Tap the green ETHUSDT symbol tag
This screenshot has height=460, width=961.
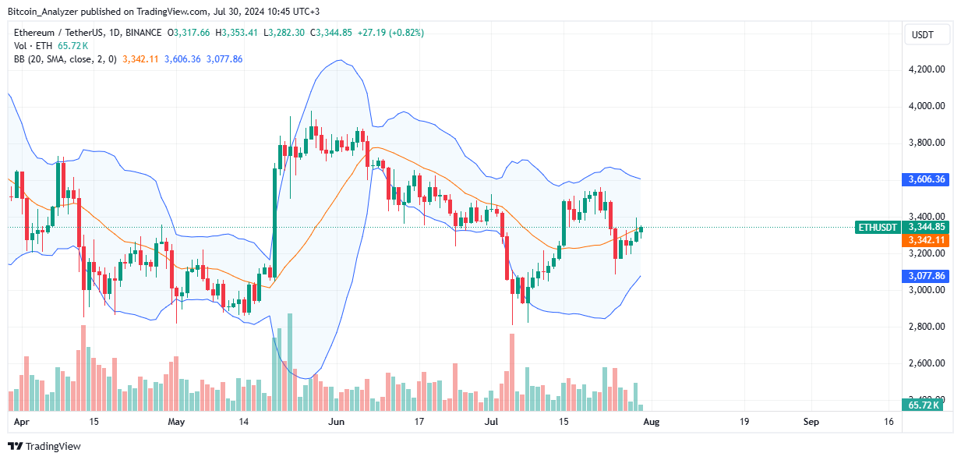878,227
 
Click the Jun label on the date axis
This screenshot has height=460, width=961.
336,422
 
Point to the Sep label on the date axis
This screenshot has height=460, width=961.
811,422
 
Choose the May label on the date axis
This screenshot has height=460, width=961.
177,422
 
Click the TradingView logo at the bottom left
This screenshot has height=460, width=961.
44,447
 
